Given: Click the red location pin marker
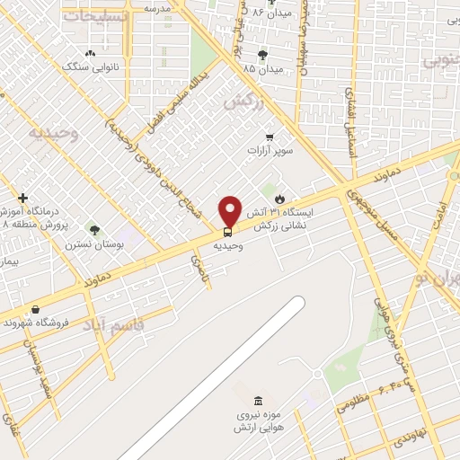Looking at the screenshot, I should (230, 210).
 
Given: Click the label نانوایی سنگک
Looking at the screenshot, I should (82, 66).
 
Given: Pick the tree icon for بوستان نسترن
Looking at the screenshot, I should (94, 231).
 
